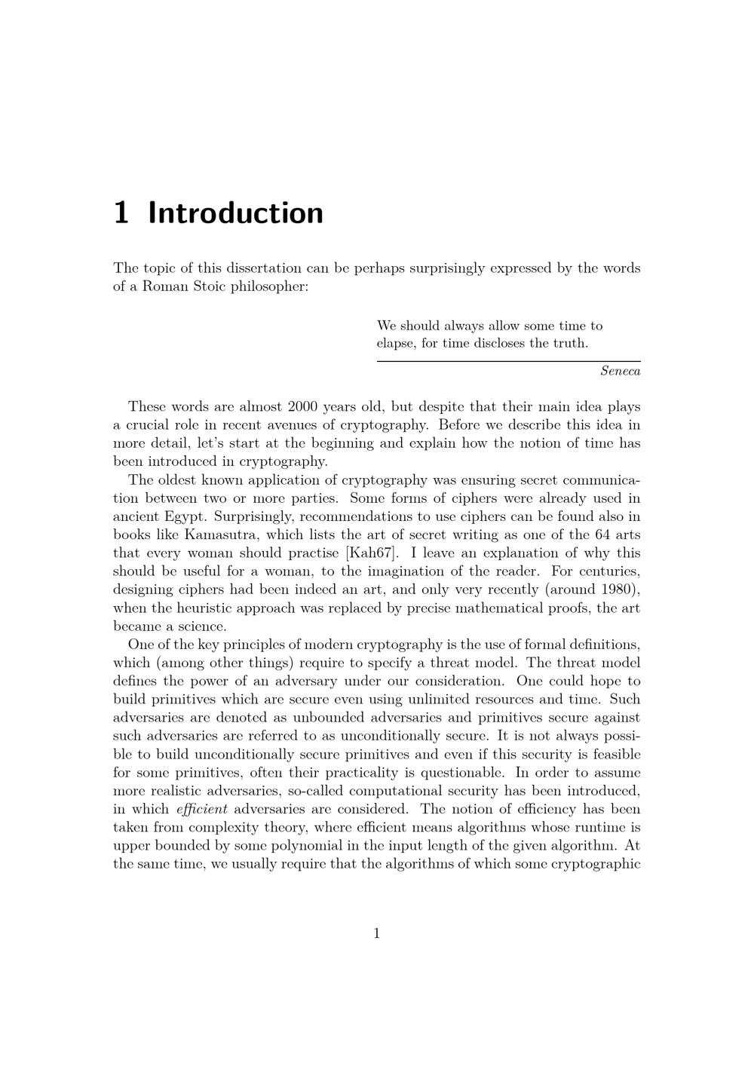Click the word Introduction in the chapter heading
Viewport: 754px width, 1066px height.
pyautogui.click(x=235, y=213)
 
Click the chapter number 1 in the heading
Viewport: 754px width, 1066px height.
pyautogui.click(x=121, y=213)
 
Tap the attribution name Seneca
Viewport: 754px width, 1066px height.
pyautogui.click(x=620, y=371)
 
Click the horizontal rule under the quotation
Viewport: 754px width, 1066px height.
pyautogui.click(x=508, y=362)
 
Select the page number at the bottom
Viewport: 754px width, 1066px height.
pyautogui.click(x=376, y=934)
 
